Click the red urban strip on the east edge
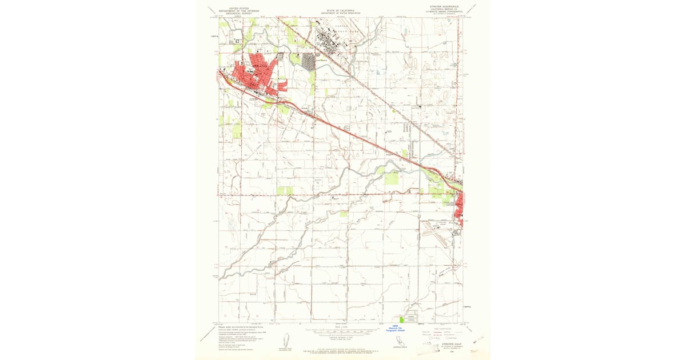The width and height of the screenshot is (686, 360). pos(459,211)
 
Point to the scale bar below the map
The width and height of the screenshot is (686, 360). pos(342,331)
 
